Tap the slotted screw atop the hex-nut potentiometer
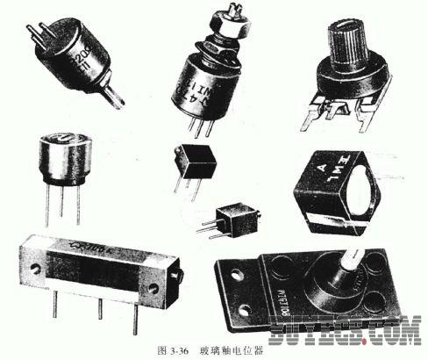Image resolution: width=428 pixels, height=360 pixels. point(232,15)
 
